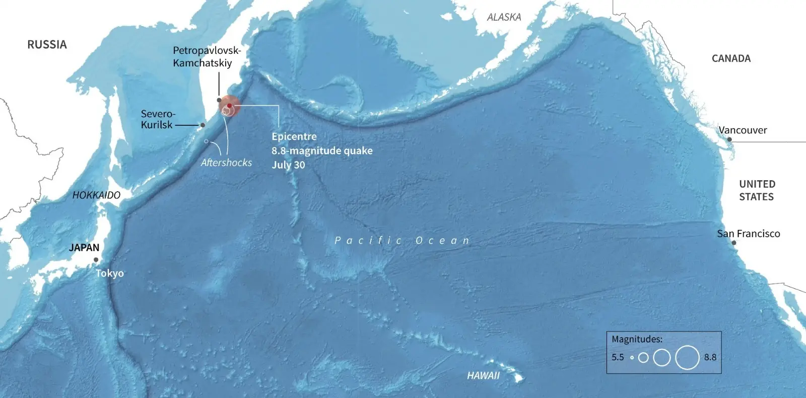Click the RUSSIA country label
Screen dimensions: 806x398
(x=47, y=45)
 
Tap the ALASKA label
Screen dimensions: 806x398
(x=504, y=17)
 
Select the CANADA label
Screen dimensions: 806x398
(x=731, y=58)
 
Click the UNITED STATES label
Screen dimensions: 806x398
(x=757, y=190)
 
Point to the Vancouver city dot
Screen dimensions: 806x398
(x=729, y=139)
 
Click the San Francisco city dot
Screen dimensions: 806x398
(x=734, y=243)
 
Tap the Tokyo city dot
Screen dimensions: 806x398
(x=96, y=260)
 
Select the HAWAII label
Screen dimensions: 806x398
(x=483, y=375)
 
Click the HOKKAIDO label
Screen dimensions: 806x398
(x=96, y=195)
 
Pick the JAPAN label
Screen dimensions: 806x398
(x=84, y=248)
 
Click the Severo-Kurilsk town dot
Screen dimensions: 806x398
(x=203, y=125)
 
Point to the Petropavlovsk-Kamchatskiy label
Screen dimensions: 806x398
(x=207, y=57)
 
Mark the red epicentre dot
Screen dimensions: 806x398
(x=229, y=106)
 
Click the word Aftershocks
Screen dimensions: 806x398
(x=226, y=163)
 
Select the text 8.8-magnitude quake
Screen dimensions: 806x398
(x=322, y=150)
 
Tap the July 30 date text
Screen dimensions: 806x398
(x=288, y=165)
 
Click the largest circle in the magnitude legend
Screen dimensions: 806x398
(x=687, y=358)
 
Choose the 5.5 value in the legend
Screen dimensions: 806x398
(x=618, y=357)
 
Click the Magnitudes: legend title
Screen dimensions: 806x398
(x=637, y=339)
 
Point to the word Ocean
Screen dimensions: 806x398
(x=442, y=241)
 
